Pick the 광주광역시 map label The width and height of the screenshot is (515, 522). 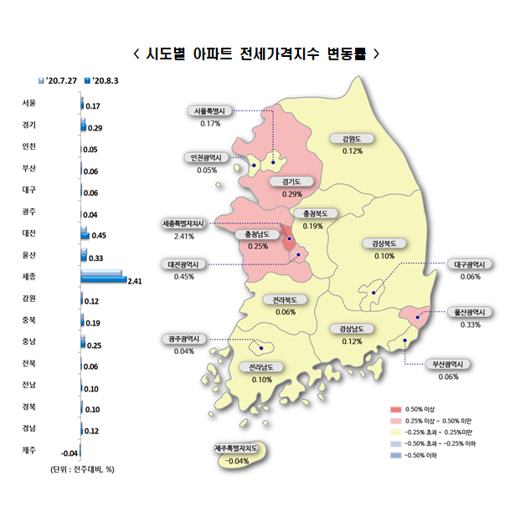(184, 339)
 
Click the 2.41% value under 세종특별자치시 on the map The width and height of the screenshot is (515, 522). (184, 236)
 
